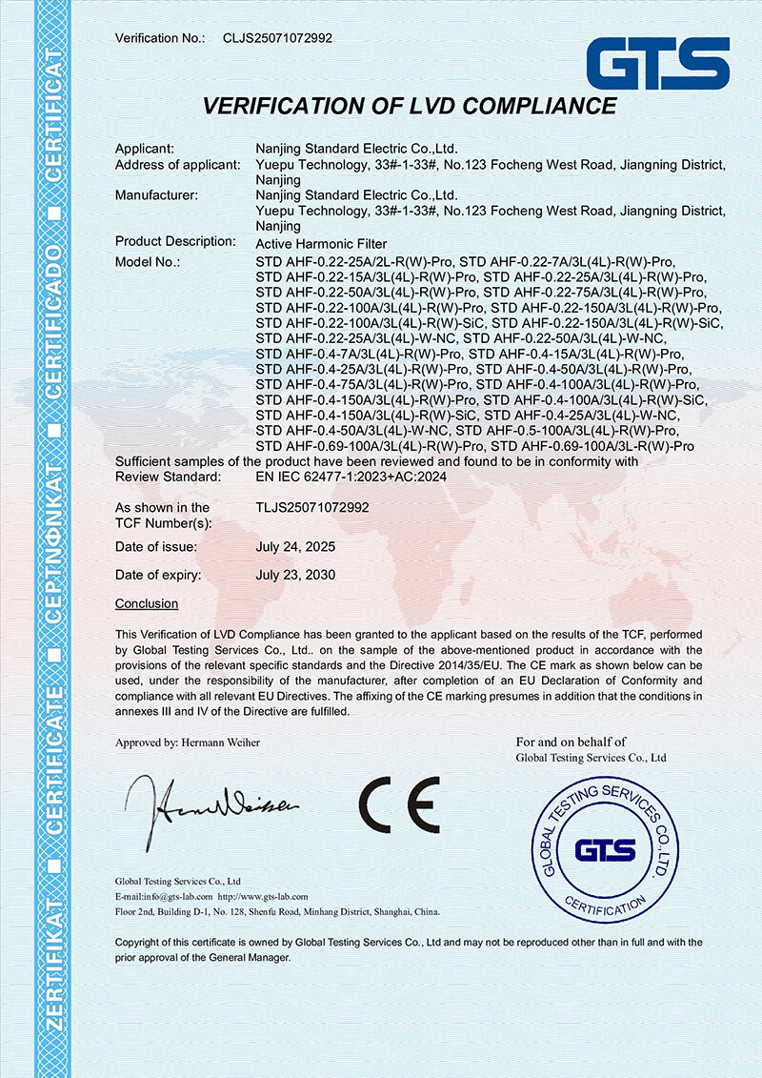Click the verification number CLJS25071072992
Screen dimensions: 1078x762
point(277,38)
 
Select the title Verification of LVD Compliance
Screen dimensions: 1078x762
point(410,106)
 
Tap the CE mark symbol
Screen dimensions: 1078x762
point(400,802)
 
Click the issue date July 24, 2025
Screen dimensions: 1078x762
point(296,547)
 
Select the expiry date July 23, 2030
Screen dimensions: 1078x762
point(296,576)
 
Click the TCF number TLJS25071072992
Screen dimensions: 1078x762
point(312,508)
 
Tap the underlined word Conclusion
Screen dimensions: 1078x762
point(147,604)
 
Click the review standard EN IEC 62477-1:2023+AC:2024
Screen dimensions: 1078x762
point(351,477)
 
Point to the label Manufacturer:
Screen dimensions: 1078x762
point(156,196)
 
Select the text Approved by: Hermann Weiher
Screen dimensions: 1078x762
point(188,742)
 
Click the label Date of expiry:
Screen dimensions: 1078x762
point(158,576)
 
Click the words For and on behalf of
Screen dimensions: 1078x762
point(571,742)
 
